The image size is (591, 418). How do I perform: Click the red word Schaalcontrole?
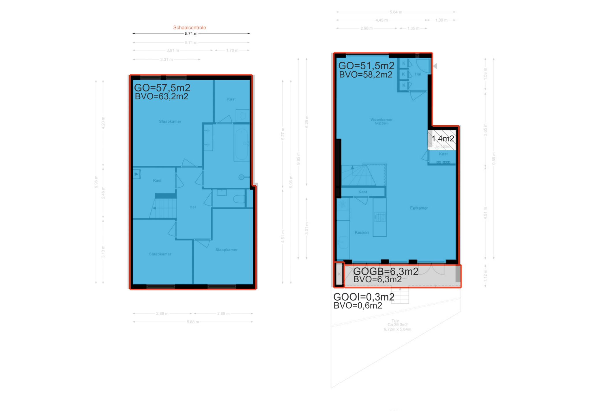pos(189,28)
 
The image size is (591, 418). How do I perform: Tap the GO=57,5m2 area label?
pos(162,88)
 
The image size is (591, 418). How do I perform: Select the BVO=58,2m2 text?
pos(366,75)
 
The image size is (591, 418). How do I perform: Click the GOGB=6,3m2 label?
pos(386,271)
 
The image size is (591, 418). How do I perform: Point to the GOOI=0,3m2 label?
pos(364,297)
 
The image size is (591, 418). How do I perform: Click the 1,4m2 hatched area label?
pos(443,139)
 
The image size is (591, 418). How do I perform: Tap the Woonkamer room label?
pos(381,120)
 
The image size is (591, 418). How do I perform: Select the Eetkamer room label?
pos(419,208)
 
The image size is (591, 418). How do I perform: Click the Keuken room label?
pos(362,232)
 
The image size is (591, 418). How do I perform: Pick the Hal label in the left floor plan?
pos(192,207)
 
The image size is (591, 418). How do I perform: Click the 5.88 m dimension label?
pos(192,322)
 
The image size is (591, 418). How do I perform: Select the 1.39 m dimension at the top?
pos(441,20)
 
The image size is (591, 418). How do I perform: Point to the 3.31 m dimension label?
pos(167,60)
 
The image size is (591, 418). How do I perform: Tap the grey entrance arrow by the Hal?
pos(435,66)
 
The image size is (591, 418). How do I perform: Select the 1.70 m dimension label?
pos(232,51)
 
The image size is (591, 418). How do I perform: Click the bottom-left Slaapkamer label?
pos(160,254)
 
